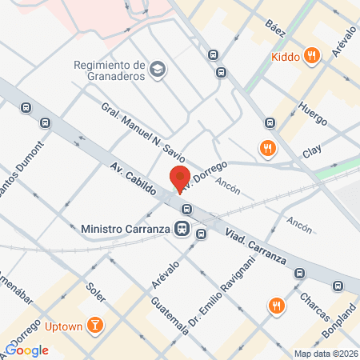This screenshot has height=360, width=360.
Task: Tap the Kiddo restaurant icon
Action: (x=313, y=56)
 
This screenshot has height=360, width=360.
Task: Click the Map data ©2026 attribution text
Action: (x=325, y=354)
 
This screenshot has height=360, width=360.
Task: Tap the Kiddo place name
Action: (x=285, y=56)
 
